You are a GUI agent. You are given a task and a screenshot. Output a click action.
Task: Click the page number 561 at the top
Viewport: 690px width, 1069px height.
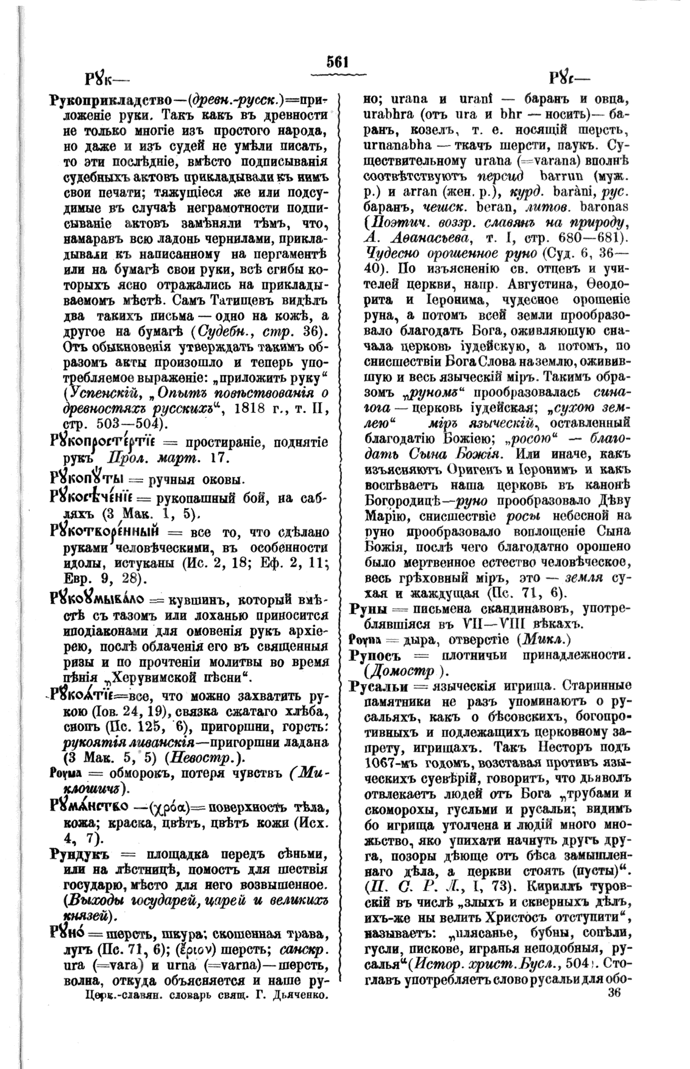[337, 62]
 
